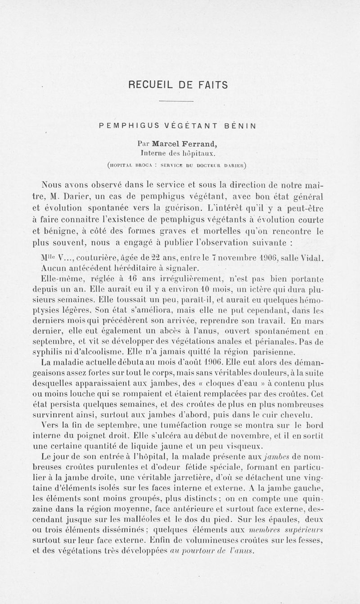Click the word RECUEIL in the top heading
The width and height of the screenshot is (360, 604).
[x=147, y=85]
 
